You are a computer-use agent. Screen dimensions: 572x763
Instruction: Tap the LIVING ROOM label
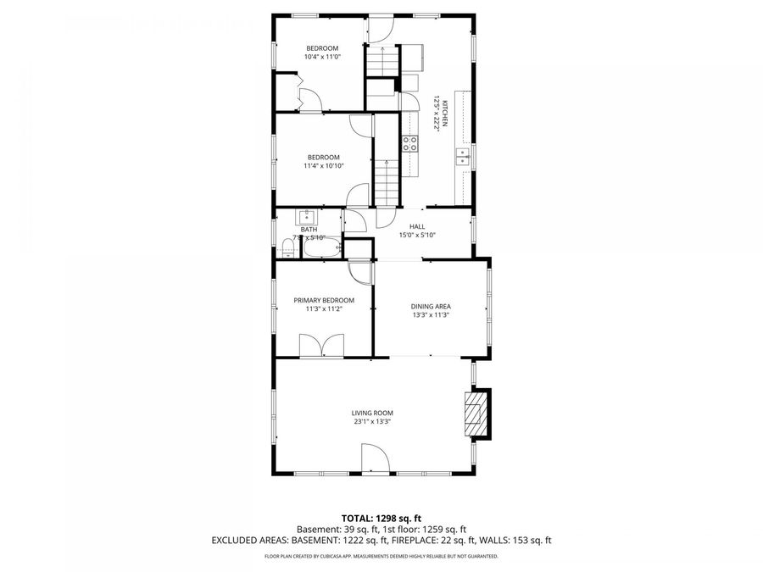[x=372, y=413]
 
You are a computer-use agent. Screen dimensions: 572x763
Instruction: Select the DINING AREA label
[x=430, y=306]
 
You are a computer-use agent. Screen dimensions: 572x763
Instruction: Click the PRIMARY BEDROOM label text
[x=324, y=300]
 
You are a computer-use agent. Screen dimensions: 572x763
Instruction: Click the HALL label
[x=417, y=226]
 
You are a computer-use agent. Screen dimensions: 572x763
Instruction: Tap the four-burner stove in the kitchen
[x=410, y=143]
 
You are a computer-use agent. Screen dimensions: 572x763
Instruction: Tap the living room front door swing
[x=375, y=460]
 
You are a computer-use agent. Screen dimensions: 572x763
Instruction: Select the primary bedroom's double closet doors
[x=321, y=346]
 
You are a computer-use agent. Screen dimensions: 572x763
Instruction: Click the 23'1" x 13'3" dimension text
[x=372, y=421]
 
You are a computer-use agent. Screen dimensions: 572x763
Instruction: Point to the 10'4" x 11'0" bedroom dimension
[x=322, y=57]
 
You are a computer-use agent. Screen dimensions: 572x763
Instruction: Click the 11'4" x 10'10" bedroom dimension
[x=323, y=166]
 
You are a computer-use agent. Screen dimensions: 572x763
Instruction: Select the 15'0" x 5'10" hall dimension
[x=417, y=235]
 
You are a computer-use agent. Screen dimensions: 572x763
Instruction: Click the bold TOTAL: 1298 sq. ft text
[x=381, y=517]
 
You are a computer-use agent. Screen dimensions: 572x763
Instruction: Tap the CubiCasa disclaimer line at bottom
[x=381, y=557]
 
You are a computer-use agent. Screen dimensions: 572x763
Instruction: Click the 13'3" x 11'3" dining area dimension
[x=430, y=314]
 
